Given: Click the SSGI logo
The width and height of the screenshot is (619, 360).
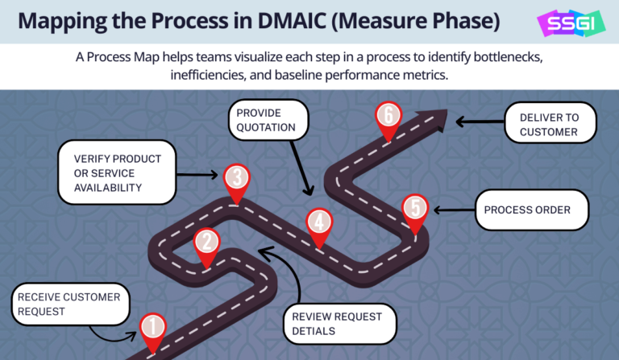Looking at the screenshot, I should pyautogui.click(x=567, y=22).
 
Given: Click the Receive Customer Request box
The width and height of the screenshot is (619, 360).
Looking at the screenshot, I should pyautogui.click(x=70, y=304).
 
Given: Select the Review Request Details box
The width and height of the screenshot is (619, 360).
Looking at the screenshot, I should pyautogui.click(x=343, y=324).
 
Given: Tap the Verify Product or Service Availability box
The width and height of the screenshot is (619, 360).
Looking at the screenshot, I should pyautogui.click(x=116, y=173).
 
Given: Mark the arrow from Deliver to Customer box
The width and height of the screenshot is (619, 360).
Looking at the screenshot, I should pyautogui.click(x=480, y=122).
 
